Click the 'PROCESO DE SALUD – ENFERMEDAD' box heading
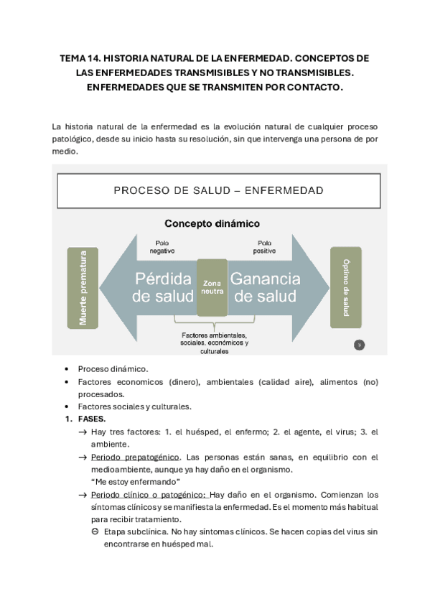click(218, 190)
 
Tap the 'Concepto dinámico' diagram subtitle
click(212, 223)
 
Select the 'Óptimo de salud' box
click(345, 287)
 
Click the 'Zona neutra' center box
click(212, 287)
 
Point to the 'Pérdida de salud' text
click(162, 287)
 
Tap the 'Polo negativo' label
click(162, 246)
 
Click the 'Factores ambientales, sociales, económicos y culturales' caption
click(215, 343)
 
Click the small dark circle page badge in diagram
click(360, 345)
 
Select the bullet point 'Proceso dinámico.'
click(113, 368)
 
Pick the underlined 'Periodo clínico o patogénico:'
click(149, 495)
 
